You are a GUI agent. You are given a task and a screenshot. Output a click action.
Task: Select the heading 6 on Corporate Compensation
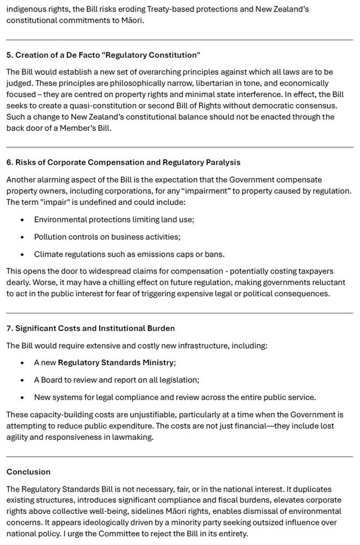pos(123,162)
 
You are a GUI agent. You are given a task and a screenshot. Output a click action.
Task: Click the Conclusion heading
pos(28,471)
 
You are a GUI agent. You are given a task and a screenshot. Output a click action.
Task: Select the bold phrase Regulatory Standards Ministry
pos(116,362)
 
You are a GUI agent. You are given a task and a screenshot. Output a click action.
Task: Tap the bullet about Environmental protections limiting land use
pos(114,220)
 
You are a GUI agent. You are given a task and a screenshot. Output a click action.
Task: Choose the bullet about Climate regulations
pos(129,255)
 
